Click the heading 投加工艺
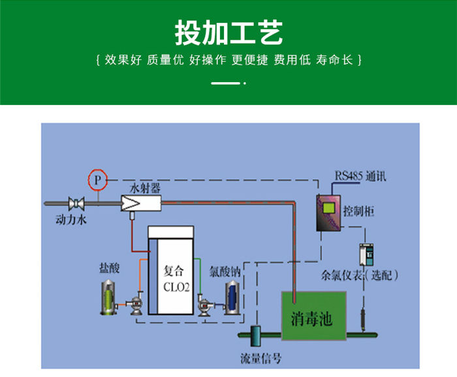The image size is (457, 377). point(228,31)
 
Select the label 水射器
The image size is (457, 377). point(145,188)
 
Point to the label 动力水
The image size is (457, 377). point(71,220)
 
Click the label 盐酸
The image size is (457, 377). point(109,268)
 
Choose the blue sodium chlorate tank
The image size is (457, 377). point(232,297)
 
